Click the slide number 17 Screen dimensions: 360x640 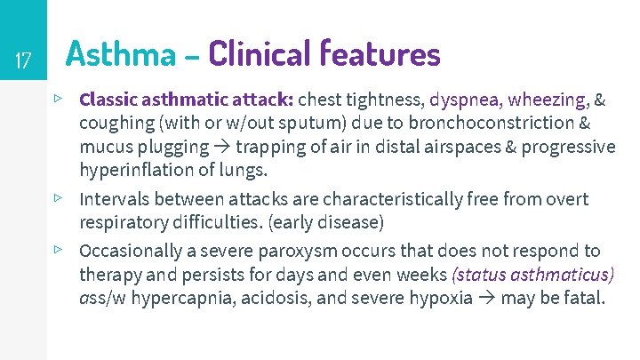click(x=24, y=61)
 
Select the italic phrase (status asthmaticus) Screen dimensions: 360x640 click(x=533, y=274)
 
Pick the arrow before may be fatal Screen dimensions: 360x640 click(x=487, y=298)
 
